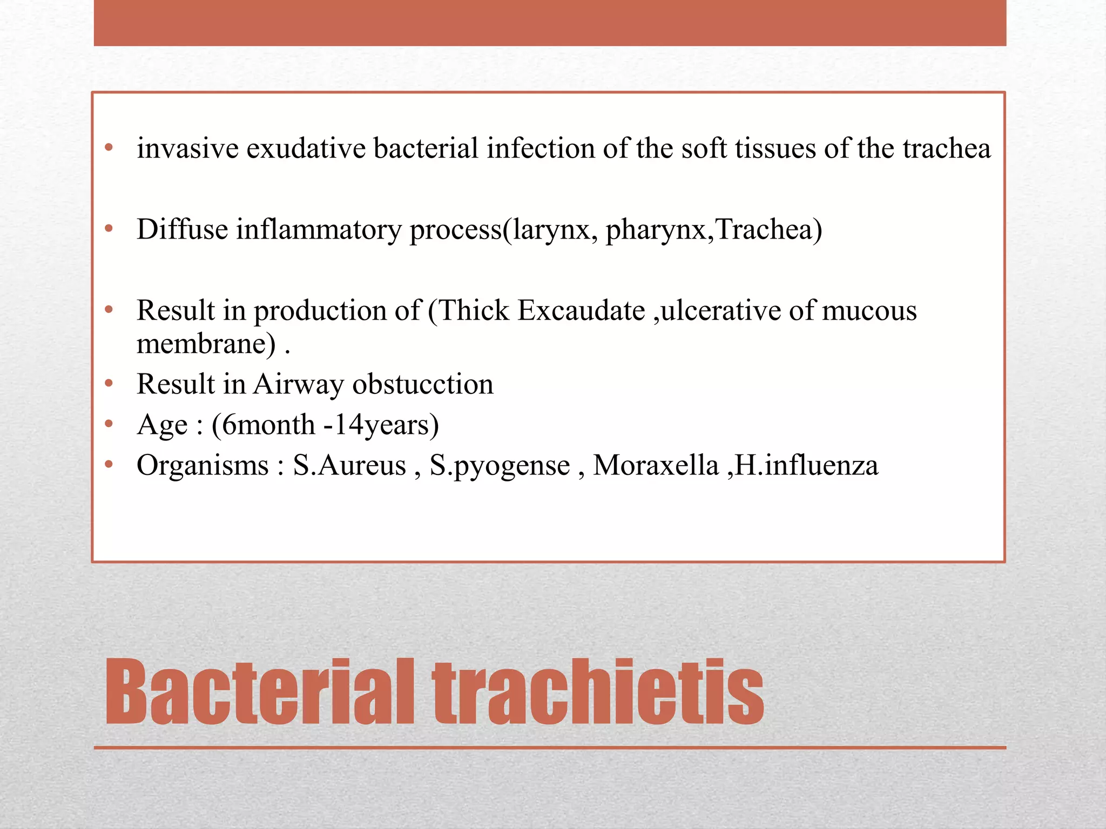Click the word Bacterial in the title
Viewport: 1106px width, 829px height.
point(259,692)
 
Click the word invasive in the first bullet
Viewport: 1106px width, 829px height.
point(187,148)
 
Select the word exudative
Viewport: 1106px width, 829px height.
point(306,148)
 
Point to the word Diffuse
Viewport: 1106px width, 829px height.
point(183,229)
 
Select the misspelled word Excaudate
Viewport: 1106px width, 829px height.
point(581,311)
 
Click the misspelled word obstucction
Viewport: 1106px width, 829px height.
point(423,384)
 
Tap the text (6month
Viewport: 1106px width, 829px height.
point(263,425)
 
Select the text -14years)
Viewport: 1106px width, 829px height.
point(381,425)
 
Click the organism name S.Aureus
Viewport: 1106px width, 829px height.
point(349,465)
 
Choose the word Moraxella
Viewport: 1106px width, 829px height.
point(656,465)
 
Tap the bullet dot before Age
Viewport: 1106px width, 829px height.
point(109,424)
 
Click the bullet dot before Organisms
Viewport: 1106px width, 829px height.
point(109,464)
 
